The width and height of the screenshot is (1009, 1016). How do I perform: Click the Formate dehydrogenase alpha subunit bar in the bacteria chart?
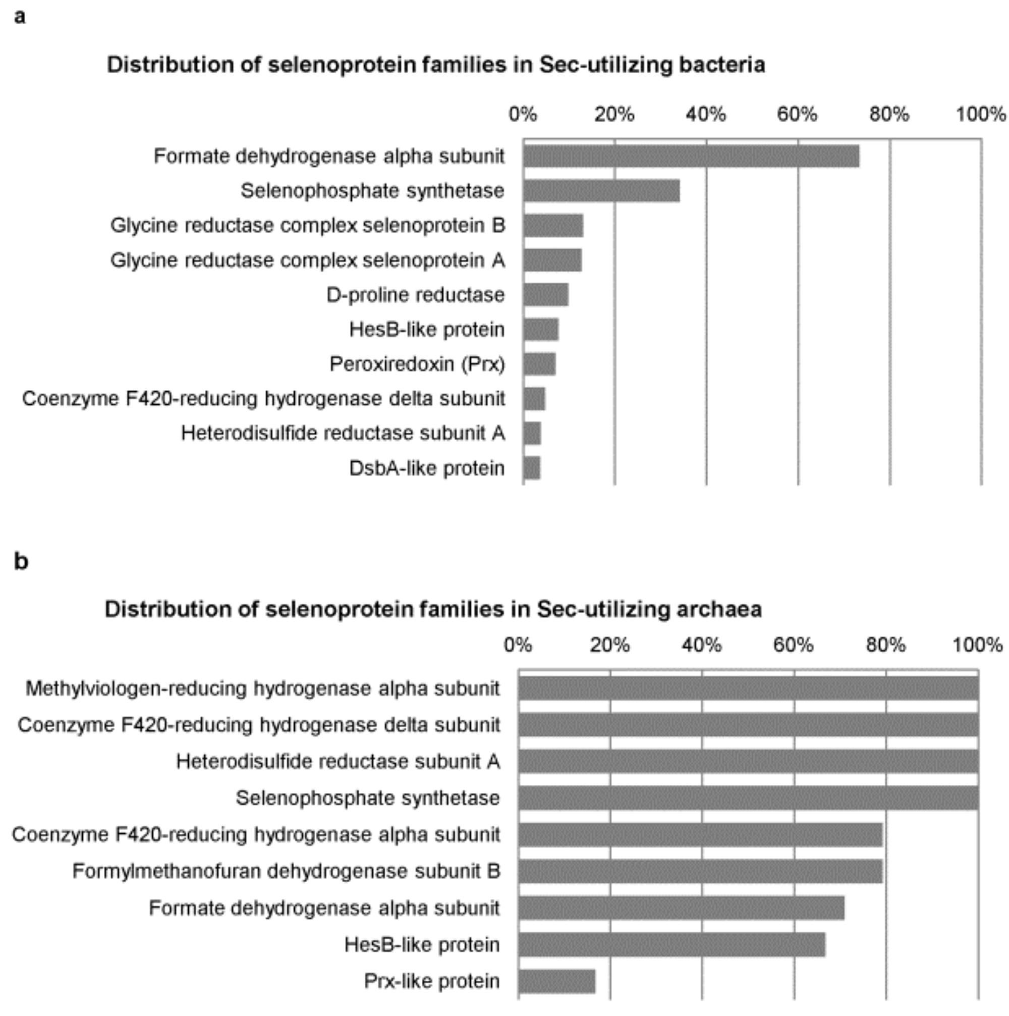click(691, 156)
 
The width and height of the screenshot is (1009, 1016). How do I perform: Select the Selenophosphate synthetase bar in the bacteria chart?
click(601, 190)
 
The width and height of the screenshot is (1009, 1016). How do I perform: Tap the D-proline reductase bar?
click(545, 294)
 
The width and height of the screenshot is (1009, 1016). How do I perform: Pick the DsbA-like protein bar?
click(532, 468)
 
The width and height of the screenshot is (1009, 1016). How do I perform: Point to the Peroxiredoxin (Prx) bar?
click(539, 364)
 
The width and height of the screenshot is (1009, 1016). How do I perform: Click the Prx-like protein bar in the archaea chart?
click(556, 981)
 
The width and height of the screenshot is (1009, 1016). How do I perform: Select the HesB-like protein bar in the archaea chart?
click(671, 945)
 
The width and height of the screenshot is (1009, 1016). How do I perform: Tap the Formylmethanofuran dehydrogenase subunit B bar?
click(700, 871)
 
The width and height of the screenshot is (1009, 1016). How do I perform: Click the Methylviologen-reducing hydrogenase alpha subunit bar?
click(748, 688)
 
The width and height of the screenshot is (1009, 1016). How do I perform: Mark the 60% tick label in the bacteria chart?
click(797, 114)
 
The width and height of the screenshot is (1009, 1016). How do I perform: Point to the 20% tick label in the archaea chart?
click(609, 645)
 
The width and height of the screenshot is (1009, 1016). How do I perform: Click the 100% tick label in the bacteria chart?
click(981, 114)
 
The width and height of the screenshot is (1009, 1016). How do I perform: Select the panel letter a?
click(20, 17)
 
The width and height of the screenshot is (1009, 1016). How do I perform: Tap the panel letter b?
click(21, 562)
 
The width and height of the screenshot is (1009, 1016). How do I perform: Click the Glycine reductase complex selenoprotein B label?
click(307, 226)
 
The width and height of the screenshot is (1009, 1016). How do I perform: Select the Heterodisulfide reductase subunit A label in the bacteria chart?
click(343, 434)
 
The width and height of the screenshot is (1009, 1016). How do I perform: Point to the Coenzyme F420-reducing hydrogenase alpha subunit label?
click(256, 835)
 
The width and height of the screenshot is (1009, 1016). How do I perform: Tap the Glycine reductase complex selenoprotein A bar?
click(552, 260)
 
